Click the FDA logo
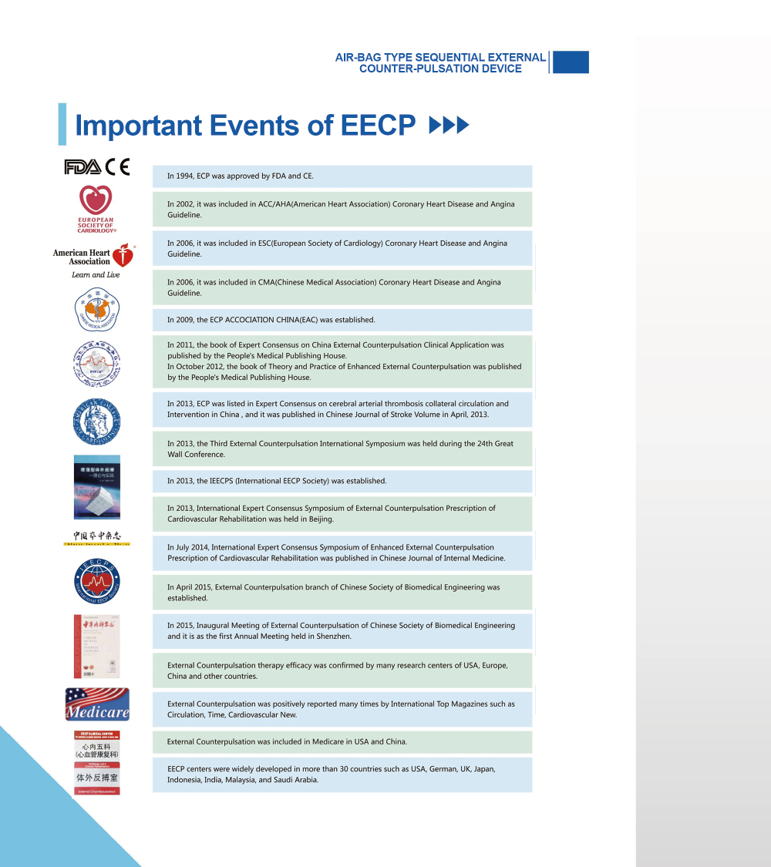(82, 167)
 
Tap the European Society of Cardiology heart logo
(96, 201)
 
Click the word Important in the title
(139, 126)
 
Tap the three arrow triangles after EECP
(449, 126)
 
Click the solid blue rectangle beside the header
(571, 62)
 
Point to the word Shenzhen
(334, 637)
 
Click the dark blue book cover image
(97, 487)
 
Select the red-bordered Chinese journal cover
(96, 646)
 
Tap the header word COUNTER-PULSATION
(440, 69)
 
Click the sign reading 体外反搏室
(97, 778)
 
